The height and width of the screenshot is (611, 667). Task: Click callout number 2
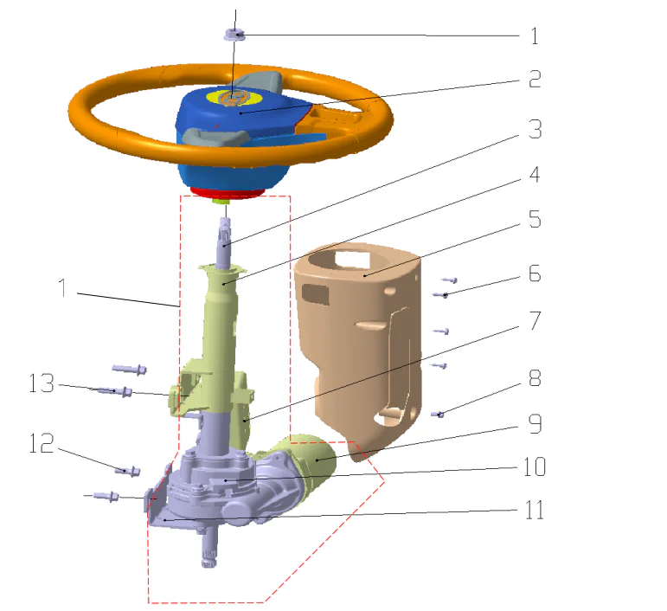(534, 80)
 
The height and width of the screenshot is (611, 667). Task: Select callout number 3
(535, 130)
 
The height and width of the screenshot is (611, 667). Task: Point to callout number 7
(535, 321)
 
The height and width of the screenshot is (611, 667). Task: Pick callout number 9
(535, 425)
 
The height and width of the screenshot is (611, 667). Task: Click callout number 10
(535, 467)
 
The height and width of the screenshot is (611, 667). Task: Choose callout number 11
(535, 510)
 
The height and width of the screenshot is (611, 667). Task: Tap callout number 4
(535, 174)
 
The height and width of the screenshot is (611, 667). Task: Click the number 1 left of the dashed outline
(61, 288)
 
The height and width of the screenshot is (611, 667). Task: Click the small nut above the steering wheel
(234, 35)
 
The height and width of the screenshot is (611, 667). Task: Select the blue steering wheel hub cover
(225, 130)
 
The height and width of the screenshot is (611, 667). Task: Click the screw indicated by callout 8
(439, 415)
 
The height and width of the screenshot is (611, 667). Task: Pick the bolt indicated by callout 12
(129, 471)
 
